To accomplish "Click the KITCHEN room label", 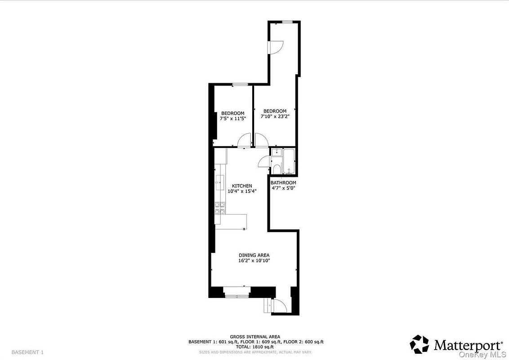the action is point(242,186).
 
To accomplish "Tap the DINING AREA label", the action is point(254,255).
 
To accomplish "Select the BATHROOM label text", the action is point(283,183).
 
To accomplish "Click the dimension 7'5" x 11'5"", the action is point(233,119).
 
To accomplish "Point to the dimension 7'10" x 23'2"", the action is point(275,116).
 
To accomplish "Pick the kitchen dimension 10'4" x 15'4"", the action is point(242,191).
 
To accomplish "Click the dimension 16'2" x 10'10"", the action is point(254,261).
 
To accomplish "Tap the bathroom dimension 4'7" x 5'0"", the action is point(283,188).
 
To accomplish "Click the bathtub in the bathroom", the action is point(289,162).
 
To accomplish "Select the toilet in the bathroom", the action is point(277,169).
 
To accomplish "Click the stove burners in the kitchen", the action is point(220,208).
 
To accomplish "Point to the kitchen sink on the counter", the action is point(220,182).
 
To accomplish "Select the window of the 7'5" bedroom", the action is point(240,85).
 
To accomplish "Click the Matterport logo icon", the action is point(419,344).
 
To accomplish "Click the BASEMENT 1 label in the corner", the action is point(27,352).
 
